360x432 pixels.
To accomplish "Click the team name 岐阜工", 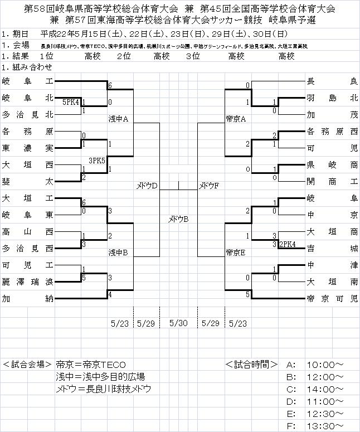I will tap(27, 82).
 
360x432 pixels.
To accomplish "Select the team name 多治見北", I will tap(27, 115).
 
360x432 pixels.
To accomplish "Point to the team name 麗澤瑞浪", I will tap(27, 280).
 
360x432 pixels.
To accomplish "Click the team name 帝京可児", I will tap(332, 299).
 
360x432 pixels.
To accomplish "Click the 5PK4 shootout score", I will tap(71, 102).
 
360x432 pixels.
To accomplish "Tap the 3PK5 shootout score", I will tap(98, 160).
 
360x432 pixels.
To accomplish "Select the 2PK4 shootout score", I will tap(288, 244).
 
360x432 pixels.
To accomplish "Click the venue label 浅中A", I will tap(119, 119).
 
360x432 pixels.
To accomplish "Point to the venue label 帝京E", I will tap(236, 252).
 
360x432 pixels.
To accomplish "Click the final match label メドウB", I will tap(179, 219).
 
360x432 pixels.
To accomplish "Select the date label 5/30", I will tap(179, 322).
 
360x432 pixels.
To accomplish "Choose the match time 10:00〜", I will tap(323, 365).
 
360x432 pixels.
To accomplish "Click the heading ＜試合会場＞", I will tap(27, 365).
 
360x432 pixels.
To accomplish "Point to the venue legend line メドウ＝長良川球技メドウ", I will tap(104, 389).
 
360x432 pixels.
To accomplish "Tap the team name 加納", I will tap(27, 299).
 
